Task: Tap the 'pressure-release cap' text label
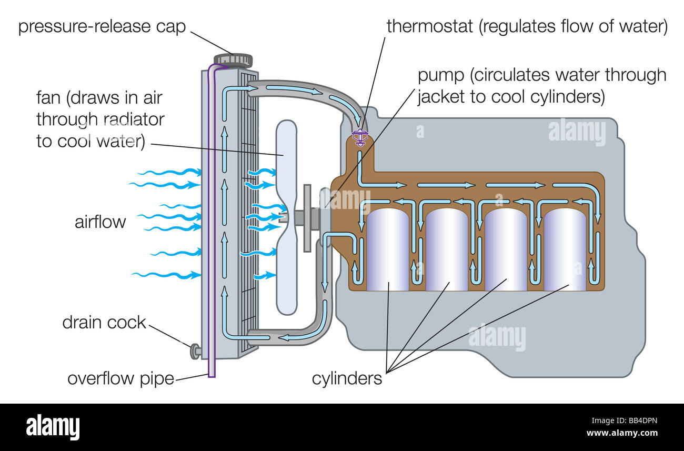click(102, 26)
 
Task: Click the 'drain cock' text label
click(104, 322)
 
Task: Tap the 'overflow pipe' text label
click(120, 378)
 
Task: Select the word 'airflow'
click(100, 222)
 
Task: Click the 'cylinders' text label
click(347, 378)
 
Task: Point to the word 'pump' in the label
click(441, 75)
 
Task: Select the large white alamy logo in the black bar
click(53, 426)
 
